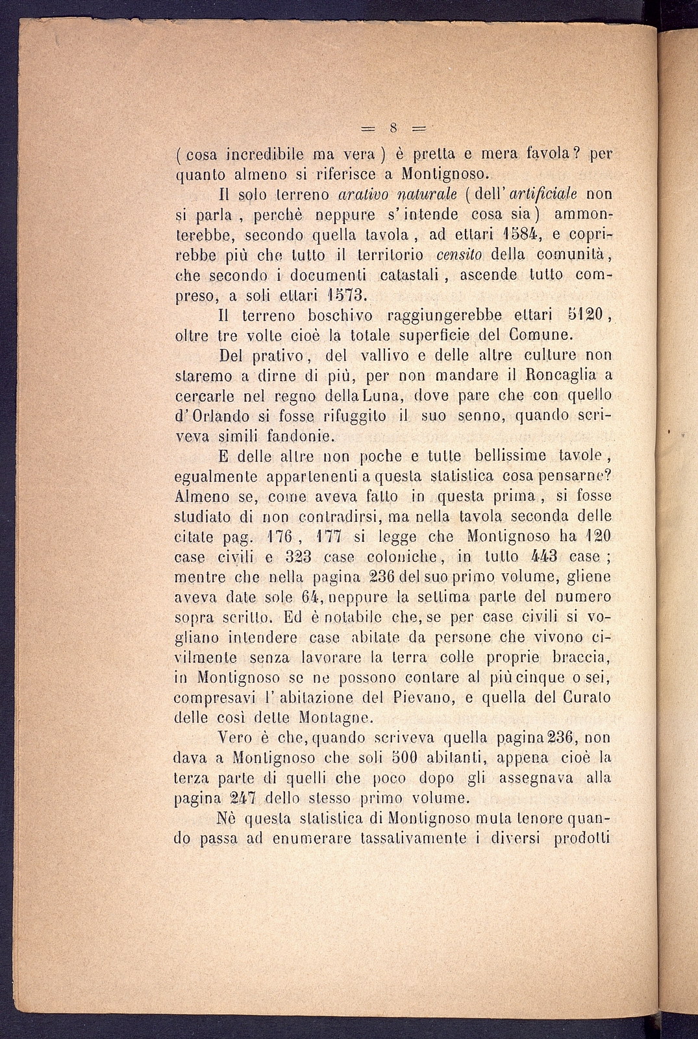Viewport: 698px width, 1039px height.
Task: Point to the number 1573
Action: pos(349,295)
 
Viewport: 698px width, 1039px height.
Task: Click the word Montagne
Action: pos(335,718)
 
